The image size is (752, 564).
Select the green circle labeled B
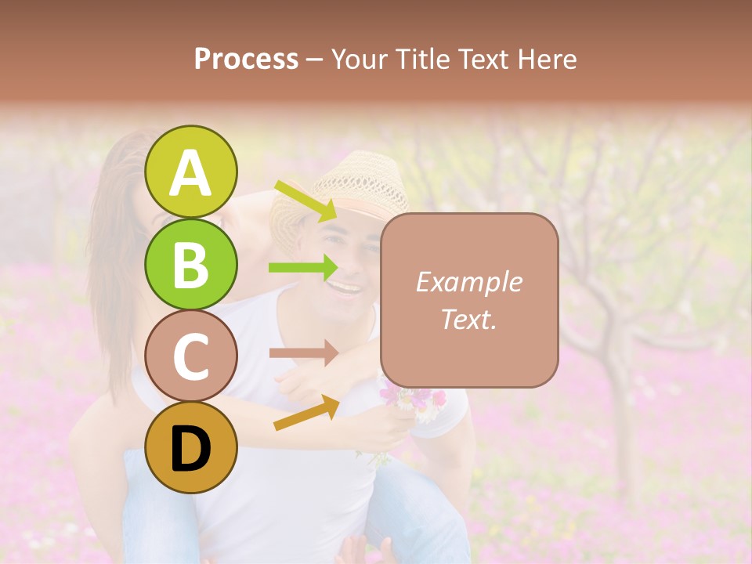tap(191, 264)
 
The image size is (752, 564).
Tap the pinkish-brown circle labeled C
tap(191, 356)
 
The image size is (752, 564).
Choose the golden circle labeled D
tap(191, 448)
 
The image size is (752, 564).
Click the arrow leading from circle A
tap(305, 201)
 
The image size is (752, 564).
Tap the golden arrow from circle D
tap(306, 412)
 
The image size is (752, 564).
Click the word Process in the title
tap(246, 59)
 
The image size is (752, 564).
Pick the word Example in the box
tap(469, 282)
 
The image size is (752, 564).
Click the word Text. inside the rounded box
tap(469, 319)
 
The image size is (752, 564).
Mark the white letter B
tap(191, 265)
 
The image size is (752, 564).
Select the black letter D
tap(191, 449)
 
